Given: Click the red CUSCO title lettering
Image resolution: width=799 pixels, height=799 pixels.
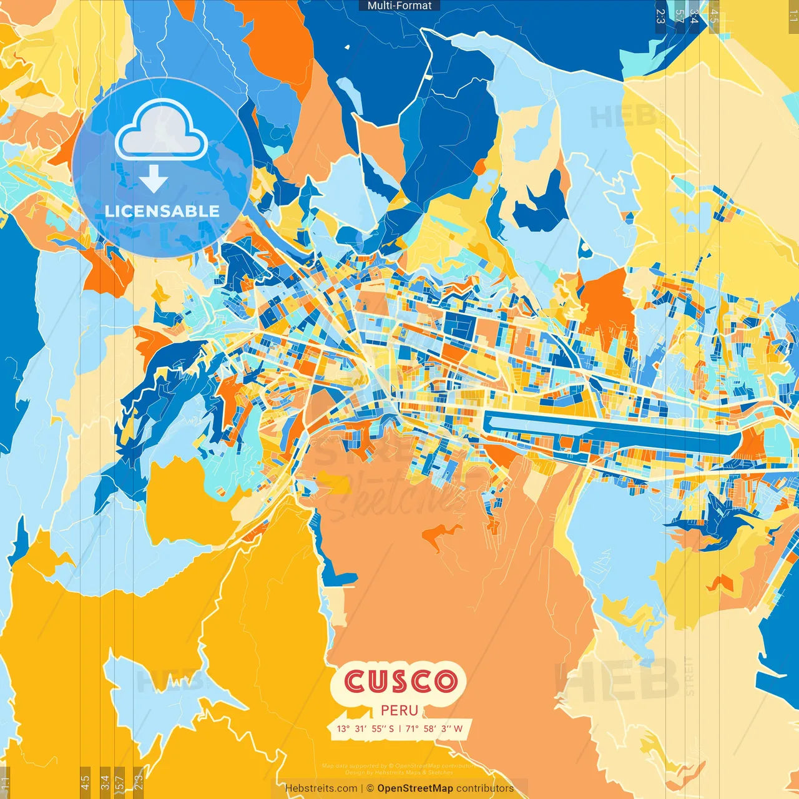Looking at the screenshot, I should [399, 681].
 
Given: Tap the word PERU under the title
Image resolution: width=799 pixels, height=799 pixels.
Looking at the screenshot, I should [399, 710].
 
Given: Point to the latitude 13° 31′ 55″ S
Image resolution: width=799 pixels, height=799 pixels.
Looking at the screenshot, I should [365, 728].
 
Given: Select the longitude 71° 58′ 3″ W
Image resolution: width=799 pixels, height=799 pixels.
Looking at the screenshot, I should [434, 728].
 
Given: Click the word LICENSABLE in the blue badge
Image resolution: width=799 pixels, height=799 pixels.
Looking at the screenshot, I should [162, 211].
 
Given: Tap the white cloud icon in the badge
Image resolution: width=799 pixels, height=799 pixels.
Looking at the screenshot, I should [161, 131].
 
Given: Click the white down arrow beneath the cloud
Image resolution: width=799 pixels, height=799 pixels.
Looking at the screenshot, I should [154, 180].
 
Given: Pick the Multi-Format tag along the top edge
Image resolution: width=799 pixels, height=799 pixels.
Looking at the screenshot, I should [399, 6].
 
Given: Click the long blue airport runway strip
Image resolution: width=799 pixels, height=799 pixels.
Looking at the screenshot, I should [609, 430].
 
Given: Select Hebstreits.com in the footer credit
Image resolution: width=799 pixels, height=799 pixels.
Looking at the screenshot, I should [321, 788].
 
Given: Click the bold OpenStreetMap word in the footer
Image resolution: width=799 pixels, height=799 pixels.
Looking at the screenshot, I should [414, 788].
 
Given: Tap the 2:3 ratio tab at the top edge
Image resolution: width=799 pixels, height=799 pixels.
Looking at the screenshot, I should [660, 16].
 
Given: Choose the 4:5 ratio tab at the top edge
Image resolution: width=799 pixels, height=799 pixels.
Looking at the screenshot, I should [714, 16].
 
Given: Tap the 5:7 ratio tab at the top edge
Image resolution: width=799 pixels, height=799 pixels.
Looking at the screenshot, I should [679, 16].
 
